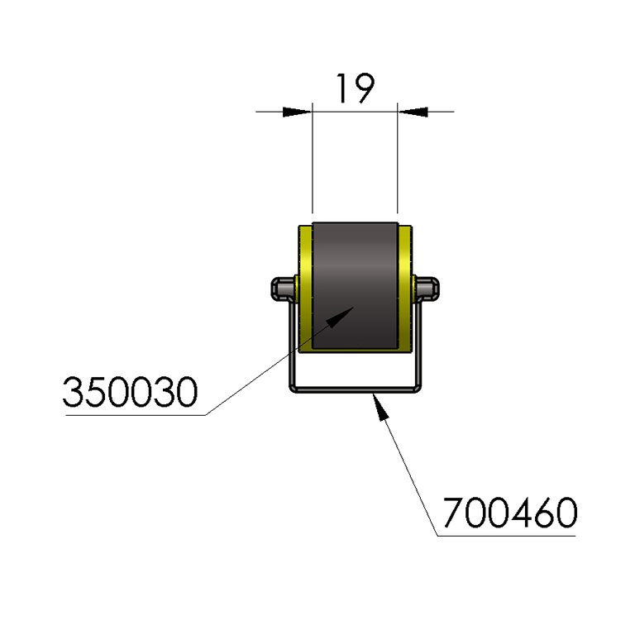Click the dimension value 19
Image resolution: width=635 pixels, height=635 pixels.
[356, 88]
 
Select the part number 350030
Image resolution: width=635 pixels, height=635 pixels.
[130, 392]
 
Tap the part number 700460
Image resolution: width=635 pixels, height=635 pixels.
[510, 513]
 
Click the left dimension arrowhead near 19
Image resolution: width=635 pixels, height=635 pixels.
[298, 112]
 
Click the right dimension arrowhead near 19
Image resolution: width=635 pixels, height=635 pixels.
[413, 112]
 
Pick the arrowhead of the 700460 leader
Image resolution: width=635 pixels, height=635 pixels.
[380, 408]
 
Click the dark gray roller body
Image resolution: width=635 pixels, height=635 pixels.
[356, 285]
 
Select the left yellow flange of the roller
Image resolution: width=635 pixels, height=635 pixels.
[305, 289]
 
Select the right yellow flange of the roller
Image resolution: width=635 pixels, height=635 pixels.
[405, 289]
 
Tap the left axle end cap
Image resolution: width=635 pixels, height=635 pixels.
[283, 289]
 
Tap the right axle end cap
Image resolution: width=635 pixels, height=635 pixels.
[427, 289]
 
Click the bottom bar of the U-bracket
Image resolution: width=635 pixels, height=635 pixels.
[356, 390]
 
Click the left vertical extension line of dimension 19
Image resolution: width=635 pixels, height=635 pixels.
[313, 158]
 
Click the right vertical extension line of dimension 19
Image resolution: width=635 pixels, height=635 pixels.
[397, 158]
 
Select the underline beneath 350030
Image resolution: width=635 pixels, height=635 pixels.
[136, 415]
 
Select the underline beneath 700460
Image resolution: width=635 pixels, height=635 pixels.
[507, 536]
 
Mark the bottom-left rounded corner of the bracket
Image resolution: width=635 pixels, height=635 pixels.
[293, 389]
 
